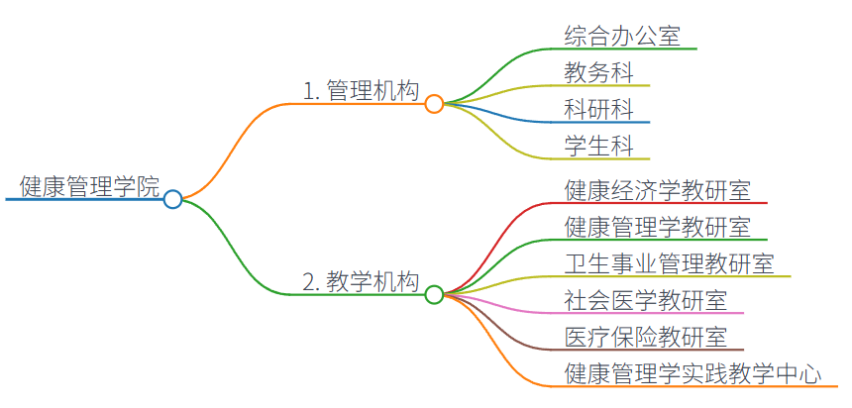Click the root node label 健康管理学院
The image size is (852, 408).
point(89,186)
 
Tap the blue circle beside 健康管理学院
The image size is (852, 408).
point(172,199)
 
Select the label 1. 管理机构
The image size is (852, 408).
point(361,92)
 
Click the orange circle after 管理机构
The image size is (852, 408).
point(434,103)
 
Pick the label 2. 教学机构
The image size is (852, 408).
point(361,282)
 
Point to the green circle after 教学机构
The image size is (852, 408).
point(434,294)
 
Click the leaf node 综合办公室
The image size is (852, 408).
point(622,36)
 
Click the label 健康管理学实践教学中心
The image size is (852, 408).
point(692,372)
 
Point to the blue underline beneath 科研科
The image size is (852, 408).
point(598,123)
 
